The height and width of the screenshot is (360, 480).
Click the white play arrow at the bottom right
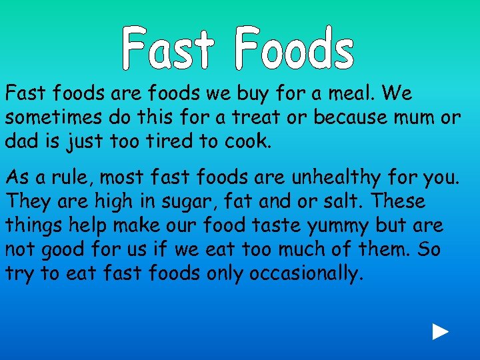tap(440, 332)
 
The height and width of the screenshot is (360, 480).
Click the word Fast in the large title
tap(168, 49)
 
